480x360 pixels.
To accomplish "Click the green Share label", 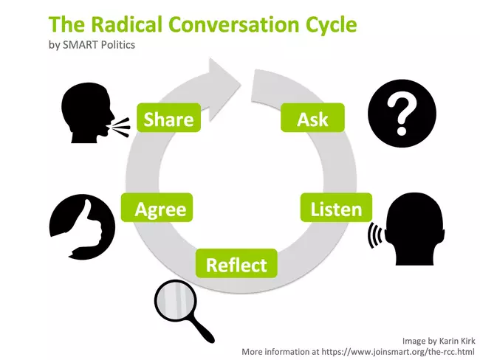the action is click(x=168, y=118).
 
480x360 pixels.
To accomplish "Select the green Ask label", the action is click(x=312, y=118).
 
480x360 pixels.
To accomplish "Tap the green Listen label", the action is click(x=336, y=207).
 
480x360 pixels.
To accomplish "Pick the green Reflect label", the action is click(x=236, y=263).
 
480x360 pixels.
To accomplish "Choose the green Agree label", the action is click(x=157, y=207).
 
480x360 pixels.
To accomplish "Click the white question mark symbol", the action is click(x=402, y=114).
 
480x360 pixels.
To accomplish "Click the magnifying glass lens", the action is click(x=176, y=301).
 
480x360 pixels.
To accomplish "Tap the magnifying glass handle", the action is click(x=202, y=330).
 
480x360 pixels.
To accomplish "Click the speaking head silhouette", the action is click(x=88, y=113).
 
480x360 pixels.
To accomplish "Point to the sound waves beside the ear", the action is click(x=374, y=235).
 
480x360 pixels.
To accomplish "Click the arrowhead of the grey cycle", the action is click(x=224, y=90).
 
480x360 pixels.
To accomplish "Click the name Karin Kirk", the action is click(x=457, y=341).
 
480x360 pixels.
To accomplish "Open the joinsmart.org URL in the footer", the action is click(x=398, y=352).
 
